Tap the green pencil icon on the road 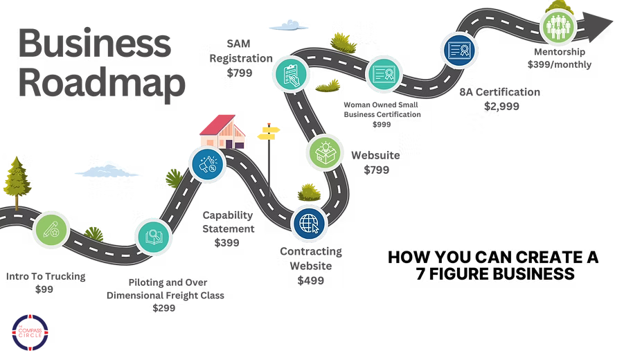(x=50, y=228)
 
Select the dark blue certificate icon (x=458, y=52)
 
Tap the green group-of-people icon (x=558, y=26)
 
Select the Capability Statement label (x=228, y=228)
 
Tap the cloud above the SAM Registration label (x=294, y=26)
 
